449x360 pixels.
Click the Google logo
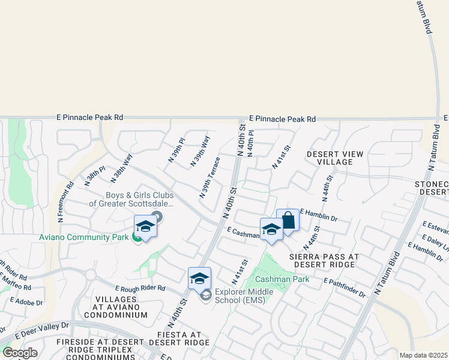[x=20, y=353]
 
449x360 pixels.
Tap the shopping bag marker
[x=288, y=220]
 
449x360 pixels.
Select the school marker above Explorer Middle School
[x=199, y=279]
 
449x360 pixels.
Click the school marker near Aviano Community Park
[x=145, y=227]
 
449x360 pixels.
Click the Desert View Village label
[x=335, y=158]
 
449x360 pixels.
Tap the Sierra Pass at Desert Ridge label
[x=324, y=260]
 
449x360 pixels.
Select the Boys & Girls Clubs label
[x=131, y=199]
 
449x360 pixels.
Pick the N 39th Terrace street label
[x=209, y=178]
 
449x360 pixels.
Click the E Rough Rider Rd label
[x=140, y=288]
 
